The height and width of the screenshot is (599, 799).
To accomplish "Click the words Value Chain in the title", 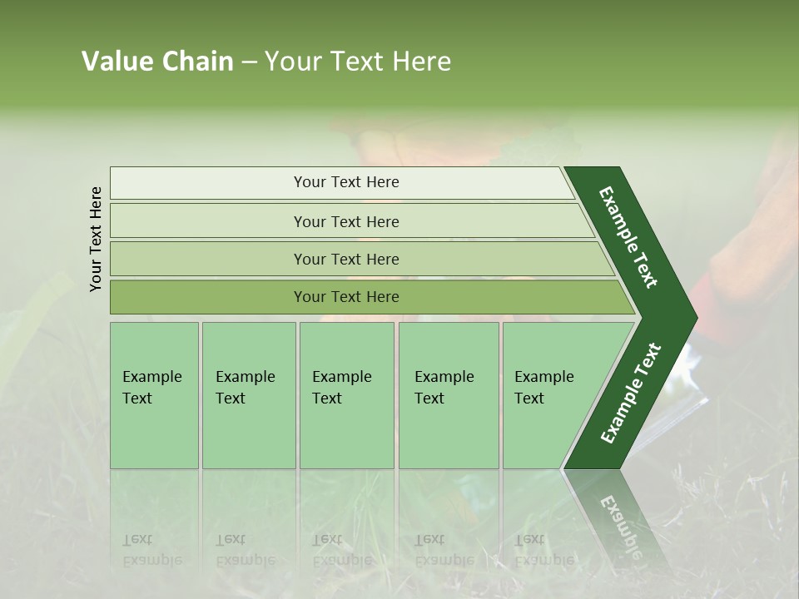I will pyautogui.click(x=157, y=62).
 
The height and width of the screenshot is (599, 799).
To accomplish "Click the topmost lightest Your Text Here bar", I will pyautogui.click(x=345, y=182).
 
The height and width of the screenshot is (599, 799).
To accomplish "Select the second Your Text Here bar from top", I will pyautogui.click(x=345, y=221).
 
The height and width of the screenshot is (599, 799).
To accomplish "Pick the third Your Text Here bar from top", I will pyautogui.click(x=345, y=259).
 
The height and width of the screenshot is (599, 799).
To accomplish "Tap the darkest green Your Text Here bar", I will pyautogui.click(x=345, y=297).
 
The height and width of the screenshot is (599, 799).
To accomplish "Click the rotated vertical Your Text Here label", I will pyautogui.click(x=97, y=240).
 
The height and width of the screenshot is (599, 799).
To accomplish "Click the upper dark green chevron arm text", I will pyautogui.click(x=628, y=237).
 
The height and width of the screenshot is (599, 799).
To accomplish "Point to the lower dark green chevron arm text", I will pyautogui.click(x=631, y=394).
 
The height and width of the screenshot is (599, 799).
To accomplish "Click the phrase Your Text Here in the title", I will pyautogui.click(x=358, y=62).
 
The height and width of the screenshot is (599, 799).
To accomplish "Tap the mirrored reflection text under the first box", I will pyautogui.click(x=152, y=550).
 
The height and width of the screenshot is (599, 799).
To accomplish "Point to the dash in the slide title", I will pyautogui.click(x=249, y=62).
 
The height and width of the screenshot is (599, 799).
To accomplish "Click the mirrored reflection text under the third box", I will pyautogui.click(x=341, y=550).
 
